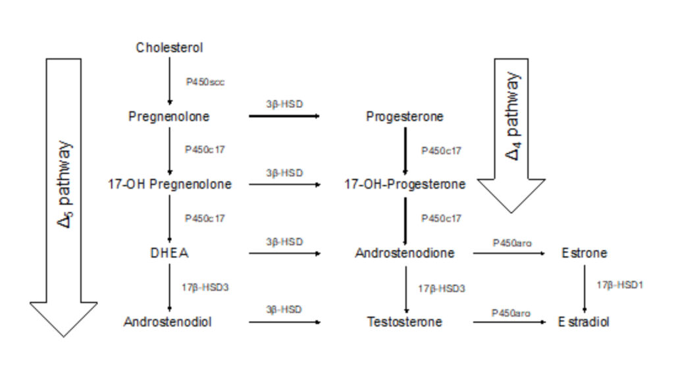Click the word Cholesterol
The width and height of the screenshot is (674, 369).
point(169,47)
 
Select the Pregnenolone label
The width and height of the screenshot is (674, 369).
point(169,116)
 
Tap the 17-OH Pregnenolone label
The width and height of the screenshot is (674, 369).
point(170,184)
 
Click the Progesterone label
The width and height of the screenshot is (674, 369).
point(405,116)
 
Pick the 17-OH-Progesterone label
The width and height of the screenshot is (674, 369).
point(405,184)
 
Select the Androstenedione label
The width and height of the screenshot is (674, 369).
point(405,253)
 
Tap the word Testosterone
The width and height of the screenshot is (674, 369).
point(405,322)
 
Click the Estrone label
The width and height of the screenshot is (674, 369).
point(584,253)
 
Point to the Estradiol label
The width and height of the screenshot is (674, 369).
point(584,322)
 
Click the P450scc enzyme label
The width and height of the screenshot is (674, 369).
point(205,82)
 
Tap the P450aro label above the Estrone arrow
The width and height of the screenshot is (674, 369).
point(511,243)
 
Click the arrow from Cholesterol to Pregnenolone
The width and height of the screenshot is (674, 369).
point(170,80)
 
